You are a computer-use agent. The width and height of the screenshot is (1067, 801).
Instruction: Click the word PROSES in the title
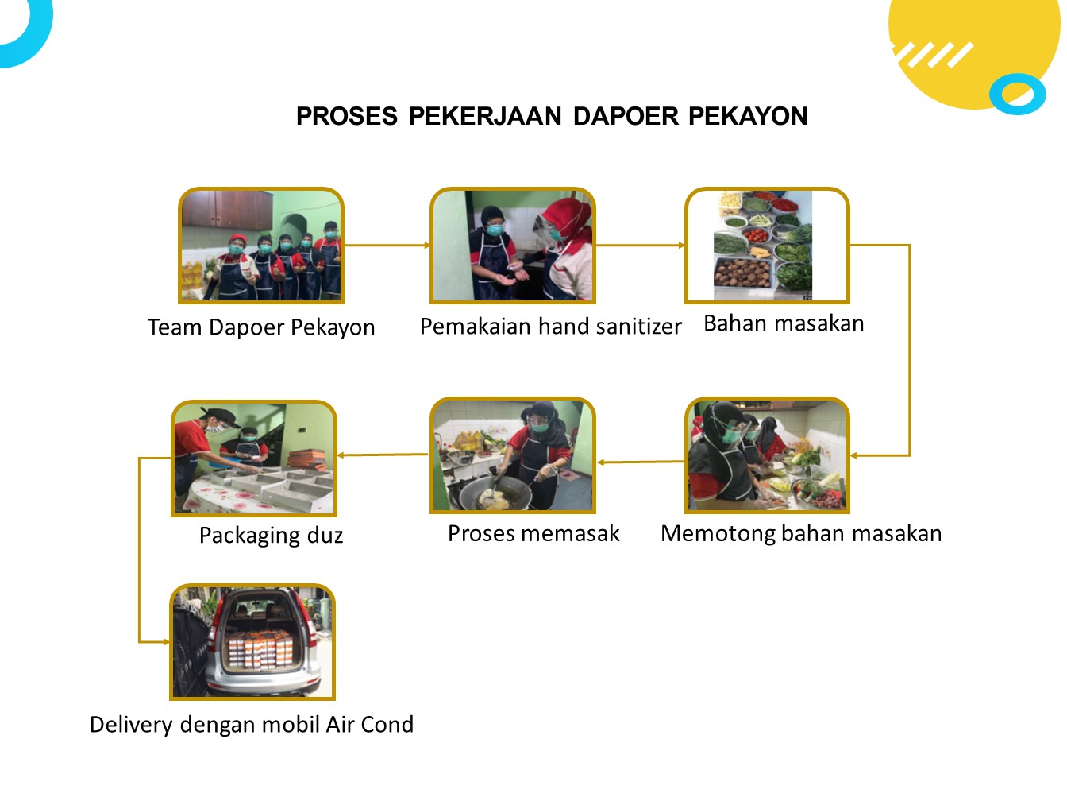coord(346,116)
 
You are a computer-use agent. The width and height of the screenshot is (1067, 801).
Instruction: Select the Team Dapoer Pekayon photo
coord(261,246)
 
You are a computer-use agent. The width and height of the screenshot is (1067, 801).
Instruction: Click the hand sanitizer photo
coord(513,246)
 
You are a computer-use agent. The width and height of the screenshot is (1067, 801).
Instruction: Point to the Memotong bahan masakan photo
coord(767,455)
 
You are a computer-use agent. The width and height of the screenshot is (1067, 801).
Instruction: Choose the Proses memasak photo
coord(513,455)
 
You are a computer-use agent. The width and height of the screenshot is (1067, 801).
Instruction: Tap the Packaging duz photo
coord(254,459)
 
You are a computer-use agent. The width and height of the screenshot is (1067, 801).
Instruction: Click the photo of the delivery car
coord(252,642)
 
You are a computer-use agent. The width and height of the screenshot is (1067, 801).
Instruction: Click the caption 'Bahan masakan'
coord(784,323)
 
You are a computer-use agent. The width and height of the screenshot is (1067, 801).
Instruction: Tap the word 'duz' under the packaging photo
coord(325,536)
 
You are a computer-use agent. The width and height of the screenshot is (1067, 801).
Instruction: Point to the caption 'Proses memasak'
coord(533,533)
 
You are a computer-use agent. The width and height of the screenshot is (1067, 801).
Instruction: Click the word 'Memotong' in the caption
coord(717,533)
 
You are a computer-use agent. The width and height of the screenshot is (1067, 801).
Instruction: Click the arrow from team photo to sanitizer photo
coord(387,246)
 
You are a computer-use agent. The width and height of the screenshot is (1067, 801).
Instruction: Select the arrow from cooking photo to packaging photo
coord(383,455)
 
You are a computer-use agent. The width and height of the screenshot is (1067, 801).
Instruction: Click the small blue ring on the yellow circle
coord(1017,95)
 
